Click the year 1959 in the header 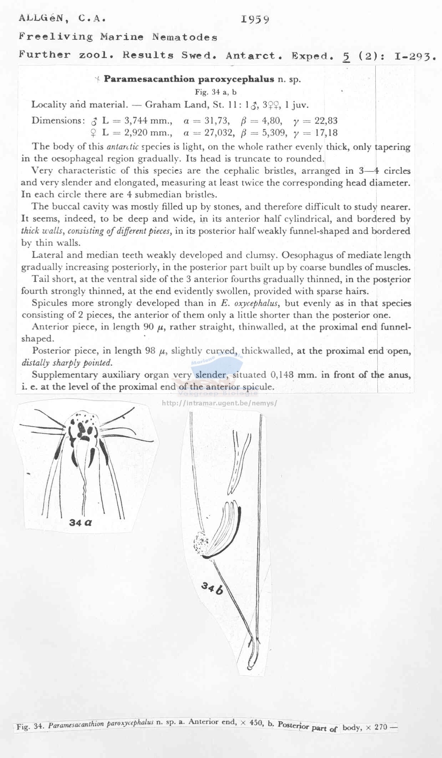(255, 19)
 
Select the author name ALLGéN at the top (43, 18)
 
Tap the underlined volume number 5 (345, 56)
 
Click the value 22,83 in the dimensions (326, 121)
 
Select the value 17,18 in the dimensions (326, 133)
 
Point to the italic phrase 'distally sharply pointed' (67, 363)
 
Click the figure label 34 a (81, 523)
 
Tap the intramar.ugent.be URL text (219, 403)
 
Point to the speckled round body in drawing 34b (201, 544)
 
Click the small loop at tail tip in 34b (249, 667)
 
